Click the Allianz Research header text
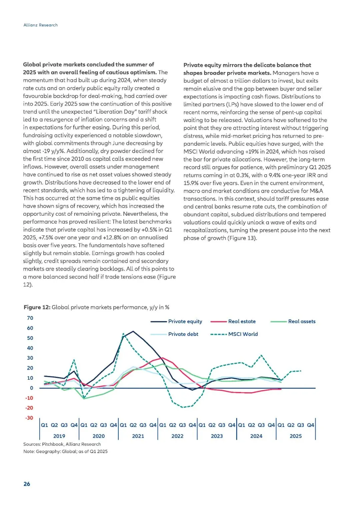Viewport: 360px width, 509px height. click(x=40, y=25)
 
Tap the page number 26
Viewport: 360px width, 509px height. click(x=27, y=484)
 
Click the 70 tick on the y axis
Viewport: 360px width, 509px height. click(x=30, y=318)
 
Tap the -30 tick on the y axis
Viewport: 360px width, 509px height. click(x=29, y=418)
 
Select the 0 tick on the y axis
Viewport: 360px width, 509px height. click(x=32, y=388)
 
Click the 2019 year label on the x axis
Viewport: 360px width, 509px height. click(x=59, y=436)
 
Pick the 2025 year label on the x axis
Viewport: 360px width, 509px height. click(x=296, y=436)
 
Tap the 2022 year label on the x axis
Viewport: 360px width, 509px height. click(x=177, y=436)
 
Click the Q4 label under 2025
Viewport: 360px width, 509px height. click(x=310, y=425)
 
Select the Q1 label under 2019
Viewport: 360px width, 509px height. click(x=44, y=425)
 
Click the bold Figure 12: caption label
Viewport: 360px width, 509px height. click(x=37, y=307)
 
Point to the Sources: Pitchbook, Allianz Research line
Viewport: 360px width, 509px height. click(x=62, y=444)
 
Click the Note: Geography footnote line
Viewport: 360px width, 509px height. click(x=65, y=451)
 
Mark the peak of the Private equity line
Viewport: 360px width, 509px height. click(x=133, y=331)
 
